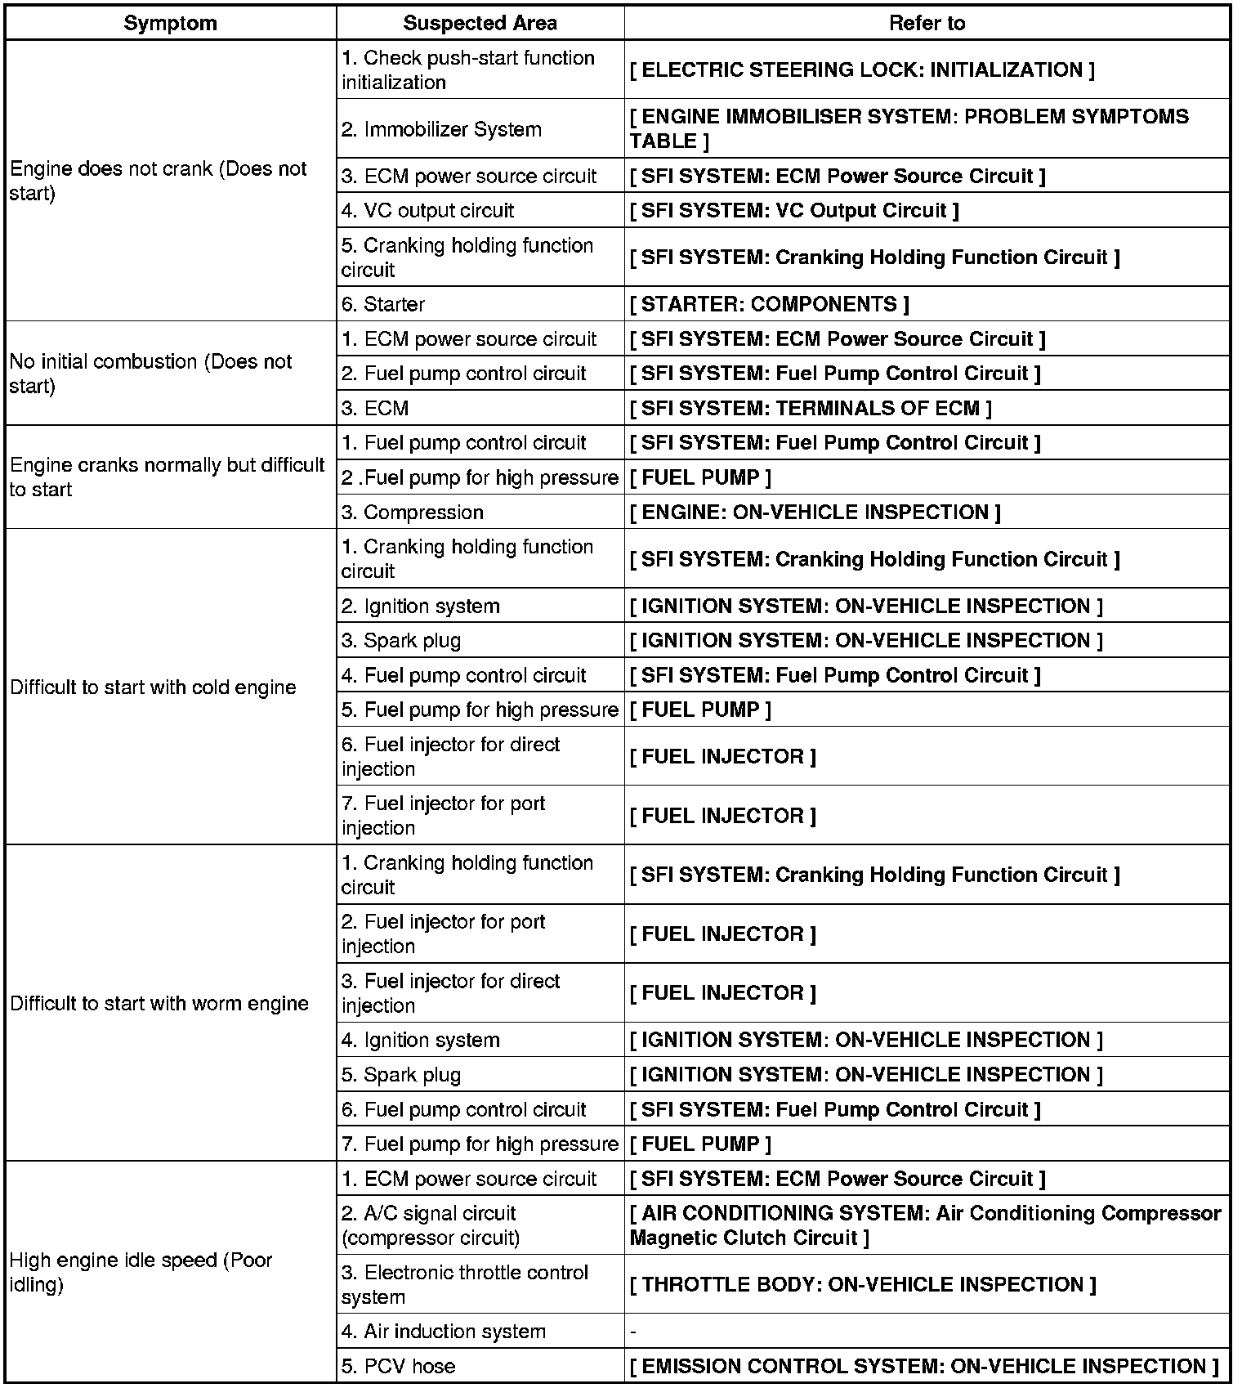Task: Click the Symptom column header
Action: tap(170, 23)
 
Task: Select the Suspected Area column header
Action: tap(480, 23)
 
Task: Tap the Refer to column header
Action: tap(927, 23)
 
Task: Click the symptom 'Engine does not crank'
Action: tap(158, 181)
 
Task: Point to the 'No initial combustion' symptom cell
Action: tap(150, 374)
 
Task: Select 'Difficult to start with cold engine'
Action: tap(153, 687)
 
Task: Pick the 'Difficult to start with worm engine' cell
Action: tap(159, 1003)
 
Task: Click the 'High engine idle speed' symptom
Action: tap(141, 1272)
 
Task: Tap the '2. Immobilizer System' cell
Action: tap(441, 129)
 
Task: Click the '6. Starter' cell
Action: tap(383, 304)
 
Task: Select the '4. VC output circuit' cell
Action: tap(427, 210)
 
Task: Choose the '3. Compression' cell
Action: tap(413, 513)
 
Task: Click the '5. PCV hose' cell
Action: tap(398, 1366)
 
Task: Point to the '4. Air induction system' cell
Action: tap(443, 1332)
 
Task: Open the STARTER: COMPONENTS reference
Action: tap(769, 304)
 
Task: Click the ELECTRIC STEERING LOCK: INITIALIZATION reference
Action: tap(862, 70)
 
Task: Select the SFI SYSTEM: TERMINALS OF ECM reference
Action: tap(811, 408)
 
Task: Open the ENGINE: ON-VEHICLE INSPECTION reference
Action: tap(815, 513)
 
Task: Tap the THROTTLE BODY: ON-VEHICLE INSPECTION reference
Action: tap(863, 1284)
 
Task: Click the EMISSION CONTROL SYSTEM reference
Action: tap(924, 1366)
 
